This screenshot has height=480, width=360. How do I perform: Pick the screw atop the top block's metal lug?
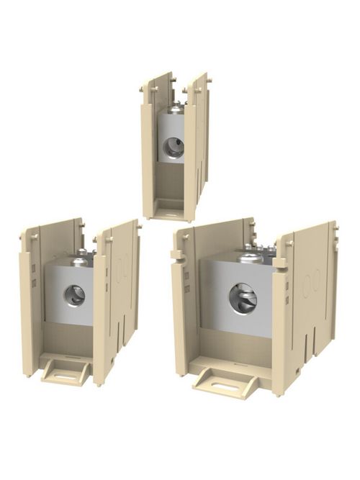172,109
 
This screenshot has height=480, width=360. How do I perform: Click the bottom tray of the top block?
171,209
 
